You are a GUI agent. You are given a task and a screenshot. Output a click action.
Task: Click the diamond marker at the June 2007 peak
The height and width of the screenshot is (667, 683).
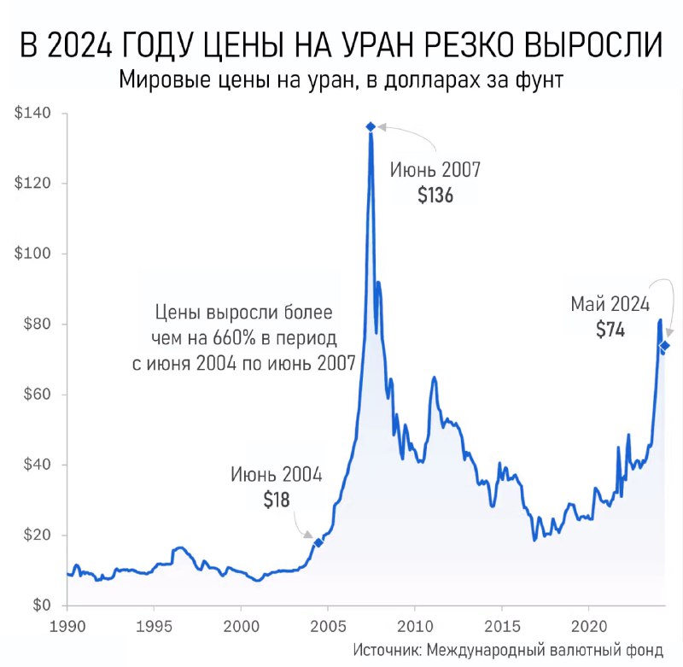(371, 126)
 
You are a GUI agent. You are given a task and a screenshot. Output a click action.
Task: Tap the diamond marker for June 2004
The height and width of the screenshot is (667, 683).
(318, 542)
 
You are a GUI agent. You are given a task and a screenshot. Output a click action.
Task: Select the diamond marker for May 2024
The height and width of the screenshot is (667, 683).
(664, 345)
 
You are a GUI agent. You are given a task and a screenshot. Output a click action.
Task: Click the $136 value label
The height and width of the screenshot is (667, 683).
(435, 196)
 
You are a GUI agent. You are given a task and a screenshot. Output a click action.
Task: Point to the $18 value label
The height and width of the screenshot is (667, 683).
(276, 500)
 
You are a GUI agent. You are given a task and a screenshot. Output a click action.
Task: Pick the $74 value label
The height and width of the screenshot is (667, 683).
(610, 329)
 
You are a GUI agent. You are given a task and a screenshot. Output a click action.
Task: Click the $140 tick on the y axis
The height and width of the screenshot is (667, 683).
(33, 114)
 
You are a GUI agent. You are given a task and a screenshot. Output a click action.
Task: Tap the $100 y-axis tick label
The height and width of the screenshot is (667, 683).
(33, 255)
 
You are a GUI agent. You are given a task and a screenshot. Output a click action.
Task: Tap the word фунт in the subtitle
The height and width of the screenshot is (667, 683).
(542, 82)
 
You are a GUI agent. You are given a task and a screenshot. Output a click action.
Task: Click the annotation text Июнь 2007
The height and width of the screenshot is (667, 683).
(435, 169)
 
